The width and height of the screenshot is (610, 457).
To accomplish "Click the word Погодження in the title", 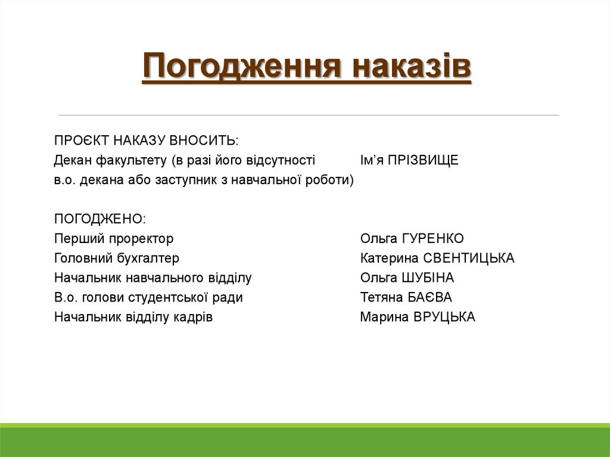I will coord(242,67).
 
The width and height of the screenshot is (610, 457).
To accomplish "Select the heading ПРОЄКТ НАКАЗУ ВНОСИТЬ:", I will coord(146,141).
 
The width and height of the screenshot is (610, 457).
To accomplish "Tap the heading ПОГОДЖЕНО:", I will coord(99,219).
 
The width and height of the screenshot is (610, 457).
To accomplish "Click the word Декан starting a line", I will coord(70,160).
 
